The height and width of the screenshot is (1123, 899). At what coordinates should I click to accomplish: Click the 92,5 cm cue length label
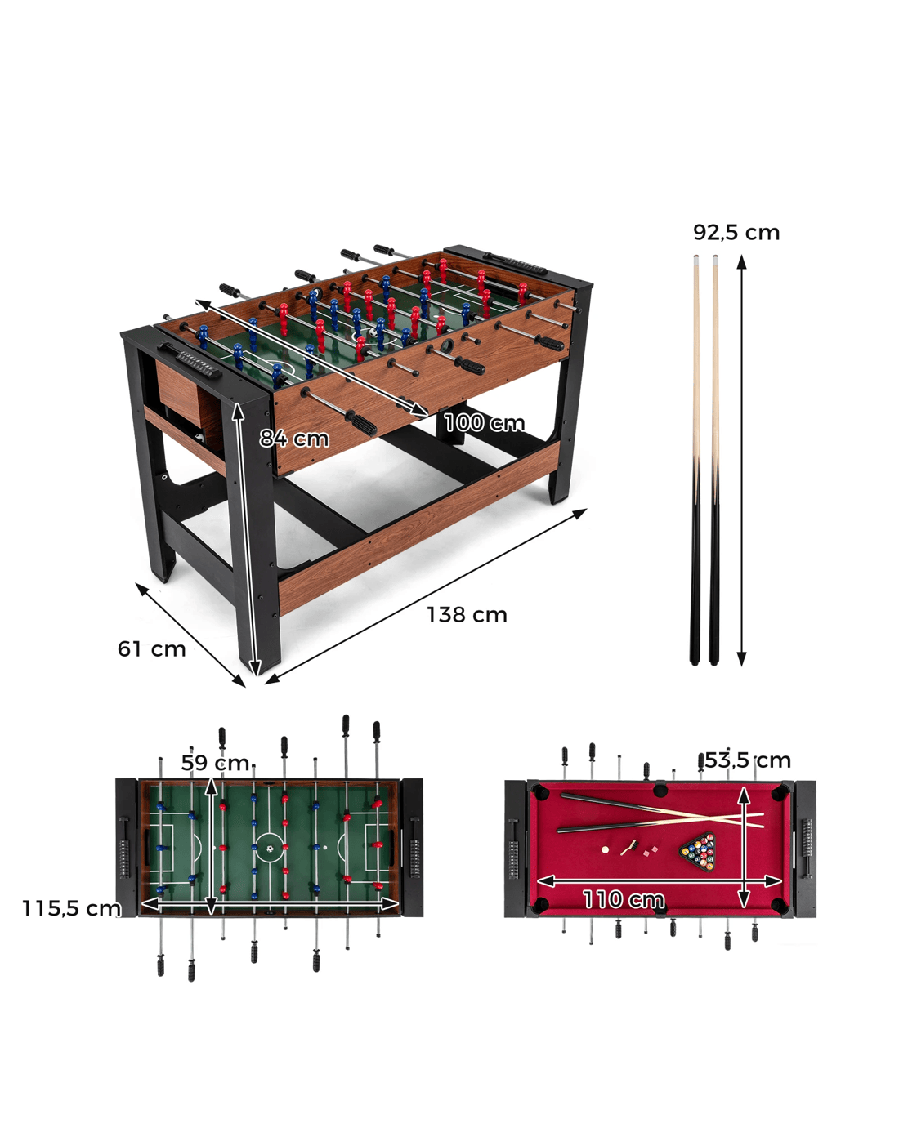736,233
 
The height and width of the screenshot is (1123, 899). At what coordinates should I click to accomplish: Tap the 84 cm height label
294,439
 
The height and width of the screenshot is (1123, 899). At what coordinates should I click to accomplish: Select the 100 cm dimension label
485,423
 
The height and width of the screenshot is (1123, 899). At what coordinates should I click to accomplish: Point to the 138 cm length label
467,615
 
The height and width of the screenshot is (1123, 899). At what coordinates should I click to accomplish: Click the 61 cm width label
151,649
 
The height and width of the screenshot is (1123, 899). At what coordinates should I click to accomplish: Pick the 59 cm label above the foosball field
215,763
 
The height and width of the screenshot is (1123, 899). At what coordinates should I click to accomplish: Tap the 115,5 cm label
72,908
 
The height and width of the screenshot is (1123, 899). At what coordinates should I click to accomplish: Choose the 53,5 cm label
748,760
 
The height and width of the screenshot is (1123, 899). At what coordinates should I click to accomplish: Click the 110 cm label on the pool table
624,899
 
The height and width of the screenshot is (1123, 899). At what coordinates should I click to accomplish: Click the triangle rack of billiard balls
699,852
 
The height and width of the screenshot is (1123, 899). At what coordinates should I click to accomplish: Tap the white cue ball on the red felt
605,850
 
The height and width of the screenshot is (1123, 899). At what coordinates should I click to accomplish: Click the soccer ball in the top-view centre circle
270,849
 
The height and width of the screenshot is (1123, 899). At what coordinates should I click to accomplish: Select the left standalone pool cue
695,460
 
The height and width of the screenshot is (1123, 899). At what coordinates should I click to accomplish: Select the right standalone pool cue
714,460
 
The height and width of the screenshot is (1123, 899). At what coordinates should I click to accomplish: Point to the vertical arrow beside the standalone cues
741,461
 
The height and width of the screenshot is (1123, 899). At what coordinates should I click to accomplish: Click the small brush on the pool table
628,848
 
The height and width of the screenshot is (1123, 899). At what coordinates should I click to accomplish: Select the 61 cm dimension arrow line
190,635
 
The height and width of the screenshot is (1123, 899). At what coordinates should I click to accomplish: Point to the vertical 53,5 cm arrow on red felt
745,846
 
